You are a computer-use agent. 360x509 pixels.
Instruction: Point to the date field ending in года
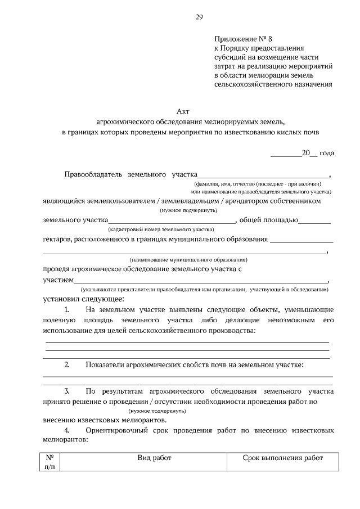click(x=303, y=152)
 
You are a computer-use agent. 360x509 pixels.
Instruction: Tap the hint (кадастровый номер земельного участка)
click(x=161, y=229)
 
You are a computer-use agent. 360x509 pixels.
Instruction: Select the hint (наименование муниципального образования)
click(x=188, y=260)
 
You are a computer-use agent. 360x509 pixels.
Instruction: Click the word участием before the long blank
click(x=58, y=279)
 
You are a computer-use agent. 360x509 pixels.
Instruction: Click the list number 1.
click(x=66, y=310)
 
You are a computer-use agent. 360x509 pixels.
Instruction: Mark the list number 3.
click(x=66, y=390)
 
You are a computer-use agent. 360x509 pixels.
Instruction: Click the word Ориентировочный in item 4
click(x=116, y=430)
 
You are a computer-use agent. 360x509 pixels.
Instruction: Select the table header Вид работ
click(x=154, y=458)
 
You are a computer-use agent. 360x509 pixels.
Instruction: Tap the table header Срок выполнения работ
click(x=283, y=458)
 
